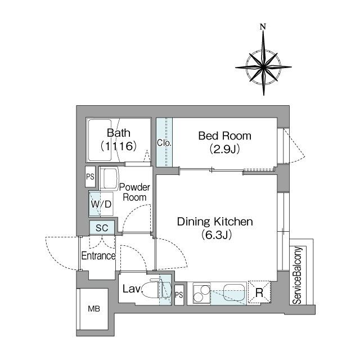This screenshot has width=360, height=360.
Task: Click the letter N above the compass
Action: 263,27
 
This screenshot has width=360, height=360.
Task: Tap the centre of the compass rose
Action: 263,67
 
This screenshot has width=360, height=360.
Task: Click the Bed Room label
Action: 225,136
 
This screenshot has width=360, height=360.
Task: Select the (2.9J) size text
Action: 224,149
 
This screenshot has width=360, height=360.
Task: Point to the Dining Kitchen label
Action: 215,222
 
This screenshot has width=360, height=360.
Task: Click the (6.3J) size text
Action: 216,235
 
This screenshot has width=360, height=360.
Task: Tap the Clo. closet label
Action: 164,143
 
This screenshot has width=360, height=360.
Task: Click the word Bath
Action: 119,133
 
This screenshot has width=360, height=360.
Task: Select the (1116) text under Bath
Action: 119,146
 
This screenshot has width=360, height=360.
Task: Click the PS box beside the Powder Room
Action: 90,177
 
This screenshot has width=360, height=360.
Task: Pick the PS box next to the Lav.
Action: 179,295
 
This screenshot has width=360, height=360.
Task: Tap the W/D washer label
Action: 101,204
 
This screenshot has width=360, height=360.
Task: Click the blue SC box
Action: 102,228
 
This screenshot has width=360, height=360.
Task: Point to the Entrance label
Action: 98,255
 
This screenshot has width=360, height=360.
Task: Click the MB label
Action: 94,309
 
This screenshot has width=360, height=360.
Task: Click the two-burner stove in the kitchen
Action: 201,294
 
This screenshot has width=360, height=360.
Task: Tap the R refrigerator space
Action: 259,292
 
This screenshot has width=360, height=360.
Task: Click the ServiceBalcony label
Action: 298,275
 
